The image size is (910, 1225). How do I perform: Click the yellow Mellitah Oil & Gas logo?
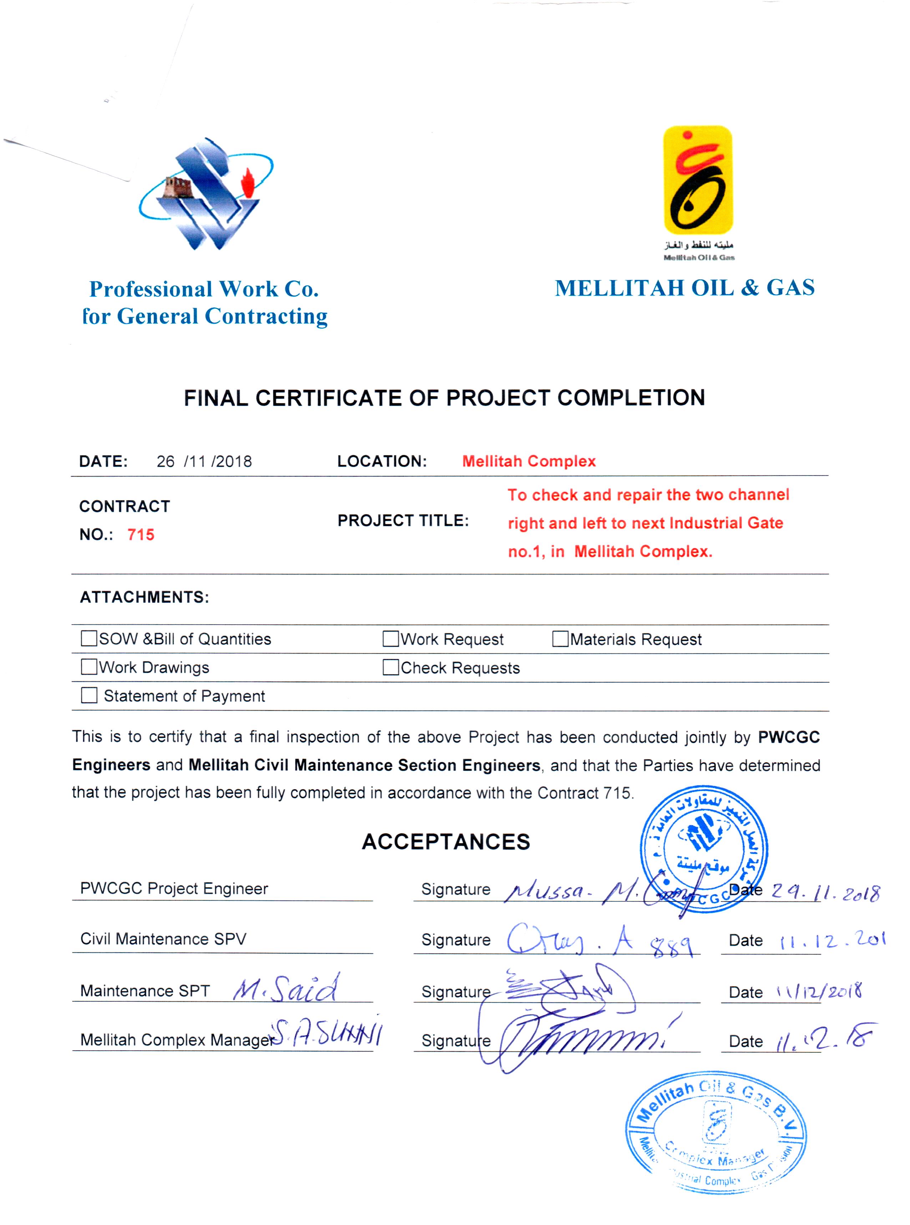pos(698,181)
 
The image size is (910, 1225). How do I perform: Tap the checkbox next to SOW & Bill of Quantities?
pos(89,639)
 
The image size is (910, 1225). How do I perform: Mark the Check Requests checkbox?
pos(390,667)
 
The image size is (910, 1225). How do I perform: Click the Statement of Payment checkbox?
pos(89,695)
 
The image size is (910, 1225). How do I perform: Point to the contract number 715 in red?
pos(141,535)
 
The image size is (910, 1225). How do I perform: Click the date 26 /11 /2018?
pos(204,461)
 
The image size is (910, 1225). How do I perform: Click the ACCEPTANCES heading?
pos(446,842)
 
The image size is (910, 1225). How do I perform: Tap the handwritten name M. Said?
pos(285,989)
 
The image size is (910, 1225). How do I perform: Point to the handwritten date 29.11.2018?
pos(825,892)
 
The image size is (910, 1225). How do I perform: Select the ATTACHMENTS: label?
pos(144,598)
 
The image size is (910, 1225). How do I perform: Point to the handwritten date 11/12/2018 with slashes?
pos(819,992)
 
